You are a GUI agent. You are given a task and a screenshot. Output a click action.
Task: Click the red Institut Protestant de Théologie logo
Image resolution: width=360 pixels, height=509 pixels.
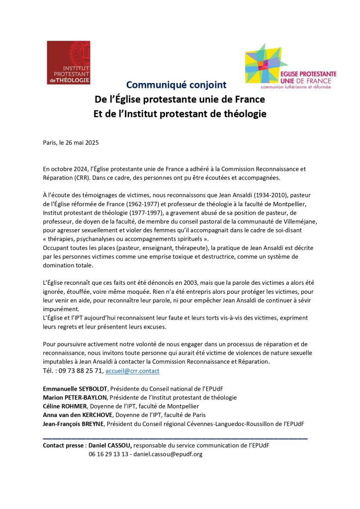click(x=68, y=62)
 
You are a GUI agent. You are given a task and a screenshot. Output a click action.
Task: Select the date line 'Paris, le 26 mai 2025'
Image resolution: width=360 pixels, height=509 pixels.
click(x=71, y=143)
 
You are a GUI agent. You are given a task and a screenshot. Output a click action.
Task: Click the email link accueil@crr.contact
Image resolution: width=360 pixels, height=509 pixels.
click(x=132, y=371)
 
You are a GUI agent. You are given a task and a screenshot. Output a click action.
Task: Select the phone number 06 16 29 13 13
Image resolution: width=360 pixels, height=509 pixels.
click(x=109, y=454)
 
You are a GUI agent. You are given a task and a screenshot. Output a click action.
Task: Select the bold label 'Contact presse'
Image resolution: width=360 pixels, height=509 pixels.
click(x=64, y=445)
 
